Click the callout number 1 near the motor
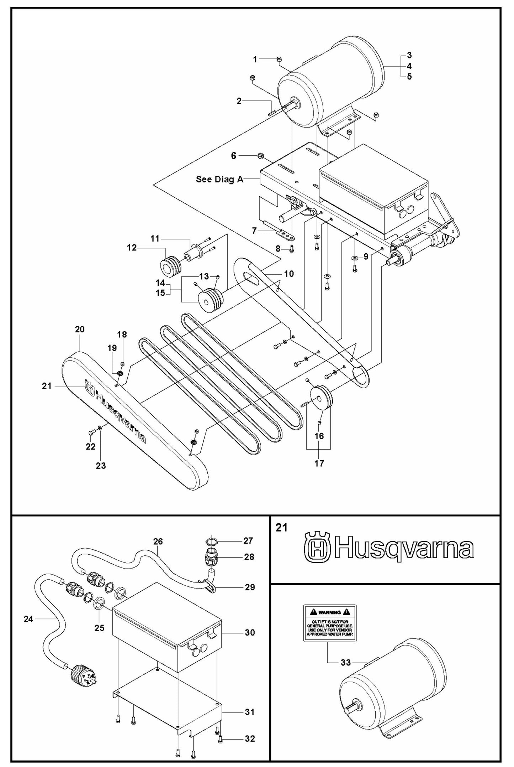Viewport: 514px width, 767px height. [x=255, y=59]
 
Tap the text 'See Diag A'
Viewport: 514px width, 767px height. [x=219, y=179]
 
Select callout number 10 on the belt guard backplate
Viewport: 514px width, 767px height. [x=289, y=274]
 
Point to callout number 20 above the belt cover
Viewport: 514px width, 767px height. [x=80, y=329]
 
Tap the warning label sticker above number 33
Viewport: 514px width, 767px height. [x=329, y=623]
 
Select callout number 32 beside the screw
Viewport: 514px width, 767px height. [x=250, y=739]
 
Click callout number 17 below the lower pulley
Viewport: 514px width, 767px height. [x=319, y=463]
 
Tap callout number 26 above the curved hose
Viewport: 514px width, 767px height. [x=158, y=541]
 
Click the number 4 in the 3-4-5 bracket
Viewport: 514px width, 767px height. [x=409, y=66]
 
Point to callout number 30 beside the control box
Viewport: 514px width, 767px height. [x=250, y=632]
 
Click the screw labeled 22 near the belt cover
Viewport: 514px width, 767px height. [x=91, y=432]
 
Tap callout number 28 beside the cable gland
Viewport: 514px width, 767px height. [x=249, y=556]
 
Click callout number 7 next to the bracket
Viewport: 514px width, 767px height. [x=254, y=231]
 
